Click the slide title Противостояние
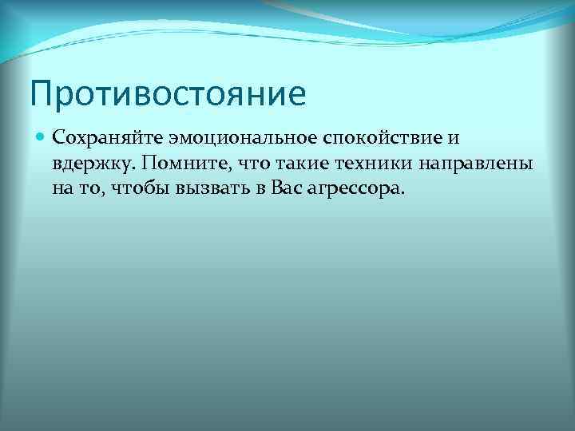[x=169, y=93]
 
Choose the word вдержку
[x=88, y=164]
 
